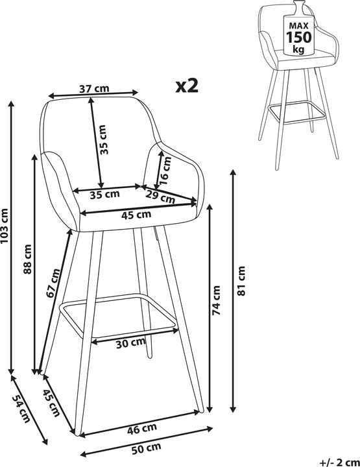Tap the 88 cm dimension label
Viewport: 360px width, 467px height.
tap(27, 259)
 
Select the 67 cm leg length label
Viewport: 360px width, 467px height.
tap(54, 283)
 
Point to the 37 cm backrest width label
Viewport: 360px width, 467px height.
tap(94, 88)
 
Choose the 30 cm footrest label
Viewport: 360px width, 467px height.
tap(131, 343)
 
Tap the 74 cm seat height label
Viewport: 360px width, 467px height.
tap(216, 300)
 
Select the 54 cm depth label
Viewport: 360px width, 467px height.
tap(21, 409)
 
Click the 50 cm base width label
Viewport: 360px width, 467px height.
tap(146, 448)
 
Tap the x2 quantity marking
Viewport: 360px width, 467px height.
tap(187, 86)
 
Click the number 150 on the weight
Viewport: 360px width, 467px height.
tap(298, 37)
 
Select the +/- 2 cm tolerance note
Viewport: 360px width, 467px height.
tap(339, 462)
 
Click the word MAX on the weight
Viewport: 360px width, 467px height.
tap(298, 25)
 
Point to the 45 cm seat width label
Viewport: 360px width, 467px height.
tap(136, 215)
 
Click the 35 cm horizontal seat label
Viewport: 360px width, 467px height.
tap(105, 195)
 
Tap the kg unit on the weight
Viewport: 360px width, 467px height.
tap(298, 49)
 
